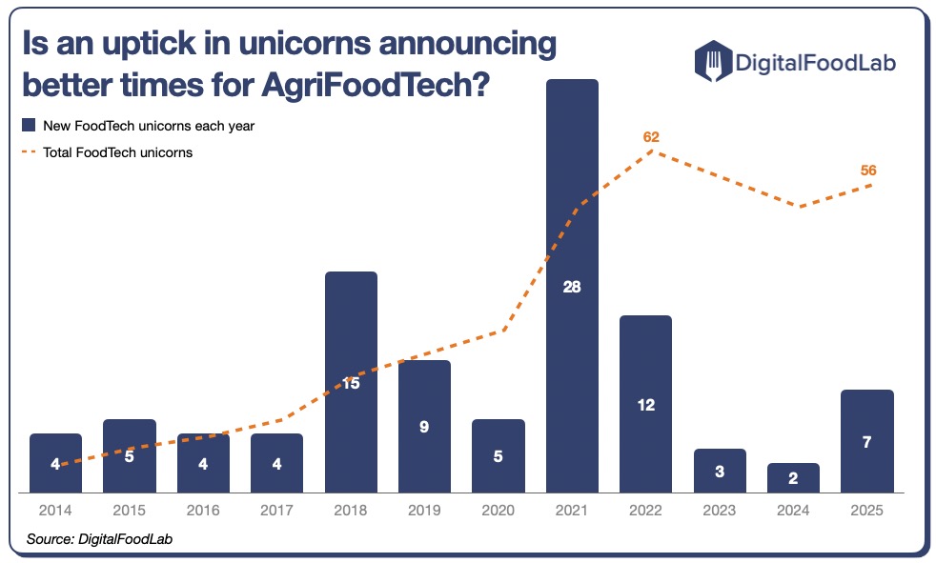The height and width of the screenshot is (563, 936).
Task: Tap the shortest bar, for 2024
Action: click(793, 477)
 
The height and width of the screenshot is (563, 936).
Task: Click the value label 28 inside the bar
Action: click(572, 286)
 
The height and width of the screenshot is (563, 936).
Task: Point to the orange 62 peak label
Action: click(651, 137)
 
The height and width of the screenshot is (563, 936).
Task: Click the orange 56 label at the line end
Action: click(867, 171)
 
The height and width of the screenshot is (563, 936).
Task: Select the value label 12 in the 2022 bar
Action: click(645, 404)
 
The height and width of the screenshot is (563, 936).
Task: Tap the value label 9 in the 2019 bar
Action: click(424, 427)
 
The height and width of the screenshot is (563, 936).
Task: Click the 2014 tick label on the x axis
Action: click(55, 511)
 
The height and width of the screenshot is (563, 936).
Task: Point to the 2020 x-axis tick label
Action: click(498, 511)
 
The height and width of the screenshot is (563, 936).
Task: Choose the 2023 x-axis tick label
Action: click(720, 511)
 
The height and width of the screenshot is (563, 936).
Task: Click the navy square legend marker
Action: click(30, 125)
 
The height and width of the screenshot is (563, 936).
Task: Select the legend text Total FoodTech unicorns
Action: click(118, 151)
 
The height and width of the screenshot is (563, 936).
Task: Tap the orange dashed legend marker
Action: click(30, 151)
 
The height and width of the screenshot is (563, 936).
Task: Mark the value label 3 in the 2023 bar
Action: click(720, 471)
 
